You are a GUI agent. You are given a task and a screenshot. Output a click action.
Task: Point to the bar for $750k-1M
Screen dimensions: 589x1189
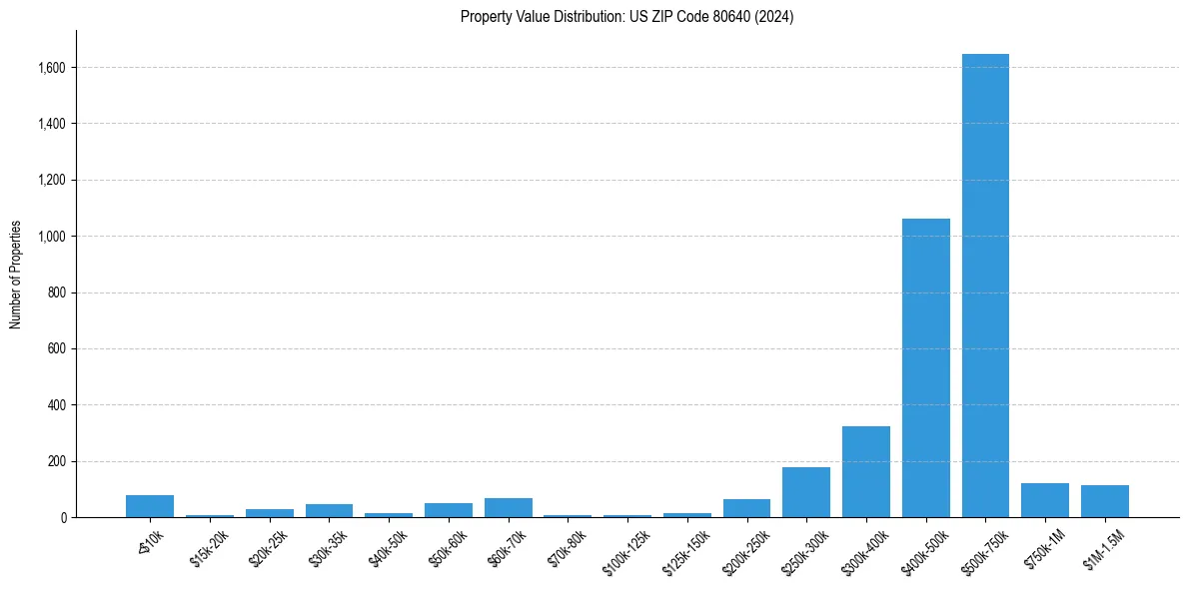coord(1045,500)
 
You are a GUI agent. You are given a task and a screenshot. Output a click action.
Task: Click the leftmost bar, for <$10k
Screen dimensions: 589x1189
coord(150,506)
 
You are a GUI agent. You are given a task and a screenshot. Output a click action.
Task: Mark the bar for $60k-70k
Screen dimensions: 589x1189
coord(508,507)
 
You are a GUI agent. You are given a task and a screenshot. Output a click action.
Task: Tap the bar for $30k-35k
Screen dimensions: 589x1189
coord(329,510)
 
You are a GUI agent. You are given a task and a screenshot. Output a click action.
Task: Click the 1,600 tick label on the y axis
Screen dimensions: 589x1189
coord(52,68)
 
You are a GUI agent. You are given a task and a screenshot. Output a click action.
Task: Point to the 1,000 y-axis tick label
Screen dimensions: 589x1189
coord(52,237)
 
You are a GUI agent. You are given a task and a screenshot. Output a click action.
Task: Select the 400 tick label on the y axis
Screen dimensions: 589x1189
coord(57,405)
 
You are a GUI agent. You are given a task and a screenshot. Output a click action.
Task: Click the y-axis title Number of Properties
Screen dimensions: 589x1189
coord(16,274)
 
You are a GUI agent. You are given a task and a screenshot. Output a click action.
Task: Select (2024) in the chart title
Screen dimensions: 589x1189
coord(776,17)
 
